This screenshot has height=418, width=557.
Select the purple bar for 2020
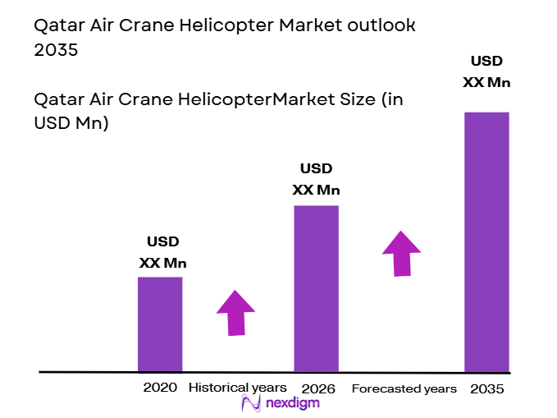tap(160, 324)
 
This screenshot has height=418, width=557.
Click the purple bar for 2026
tap(317, 288)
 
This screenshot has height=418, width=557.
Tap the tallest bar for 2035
tap(486, 241)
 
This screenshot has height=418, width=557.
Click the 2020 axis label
tap(160, 388)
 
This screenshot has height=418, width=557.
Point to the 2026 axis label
tap(317, 388)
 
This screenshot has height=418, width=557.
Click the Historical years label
tap(238, 388)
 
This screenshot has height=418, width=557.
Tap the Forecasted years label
tap(404, 388)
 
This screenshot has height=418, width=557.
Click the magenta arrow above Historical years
tap(235, 312)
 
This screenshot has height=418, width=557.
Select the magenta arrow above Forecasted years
tap(401, 252)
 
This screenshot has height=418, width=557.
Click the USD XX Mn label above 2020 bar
tap(162, 253)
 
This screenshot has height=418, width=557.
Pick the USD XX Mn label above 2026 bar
tap(316, 179)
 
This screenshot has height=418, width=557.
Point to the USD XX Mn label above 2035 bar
tap(486, 71)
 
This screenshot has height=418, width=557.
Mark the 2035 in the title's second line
tap(56, 49)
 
